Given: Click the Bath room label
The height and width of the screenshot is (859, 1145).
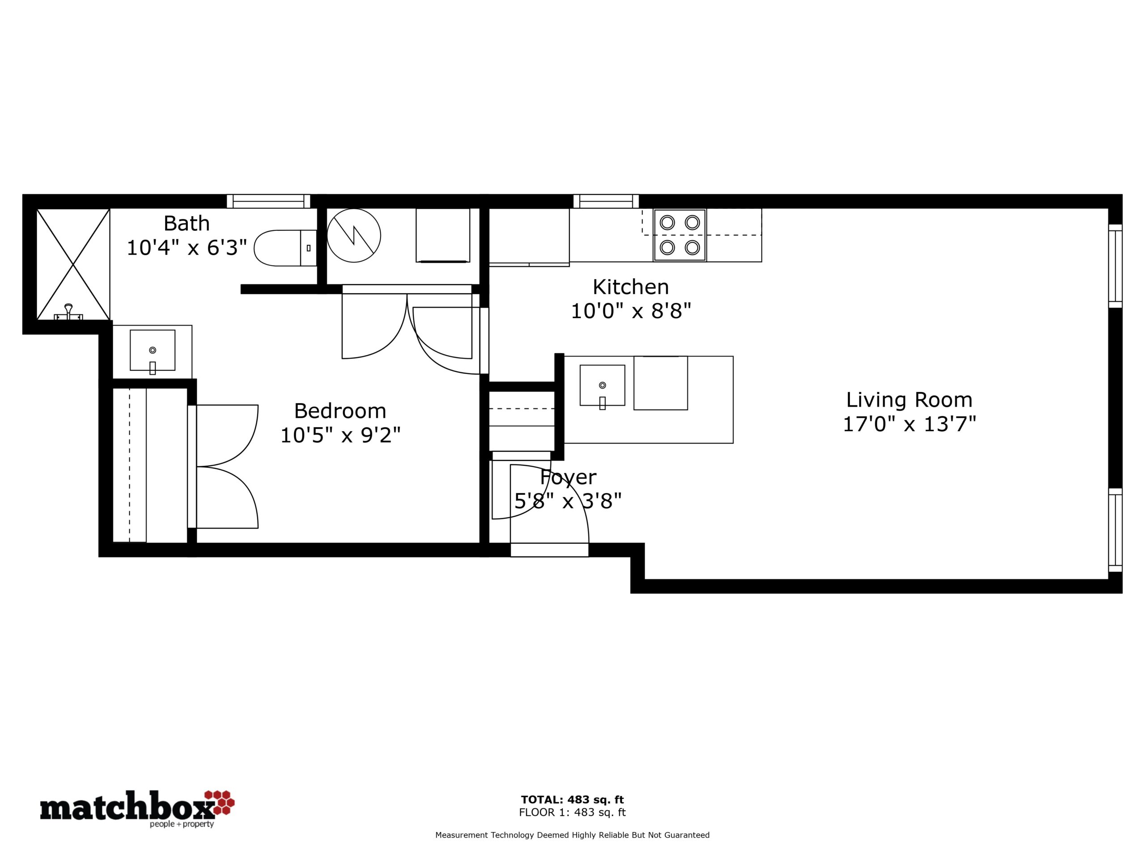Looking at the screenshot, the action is (187, 224).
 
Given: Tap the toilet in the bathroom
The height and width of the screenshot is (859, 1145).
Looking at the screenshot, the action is (285, 248).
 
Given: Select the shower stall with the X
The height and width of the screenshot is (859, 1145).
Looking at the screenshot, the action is (73, 264).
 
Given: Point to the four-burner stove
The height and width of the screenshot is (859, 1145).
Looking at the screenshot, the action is (680, 235).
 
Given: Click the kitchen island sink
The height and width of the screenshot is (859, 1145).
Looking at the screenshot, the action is (602, 385).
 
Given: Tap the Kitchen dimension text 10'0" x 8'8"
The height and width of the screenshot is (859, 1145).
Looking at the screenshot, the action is (631, 311).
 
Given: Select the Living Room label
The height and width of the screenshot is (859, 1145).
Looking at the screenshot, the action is (909, 400).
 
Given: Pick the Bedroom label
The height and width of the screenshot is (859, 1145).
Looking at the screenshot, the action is (340, 411).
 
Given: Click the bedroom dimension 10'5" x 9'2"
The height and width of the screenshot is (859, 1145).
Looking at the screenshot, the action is (341, 435).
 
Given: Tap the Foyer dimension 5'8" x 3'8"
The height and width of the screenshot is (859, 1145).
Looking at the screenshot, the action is (568, 501).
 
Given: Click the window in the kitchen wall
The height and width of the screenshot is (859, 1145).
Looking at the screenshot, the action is (606, 201).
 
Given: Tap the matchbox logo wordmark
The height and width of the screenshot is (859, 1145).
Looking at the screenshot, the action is (127, 809).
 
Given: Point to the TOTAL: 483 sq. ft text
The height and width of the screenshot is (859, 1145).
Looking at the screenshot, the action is (572, 799).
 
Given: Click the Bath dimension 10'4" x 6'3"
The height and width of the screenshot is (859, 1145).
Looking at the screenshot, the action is (187, 248).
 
